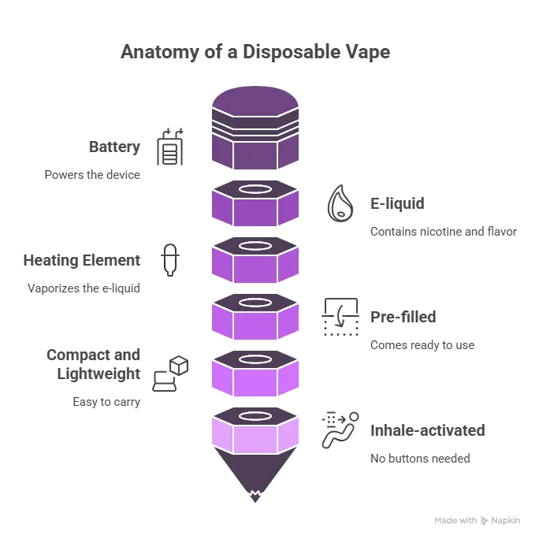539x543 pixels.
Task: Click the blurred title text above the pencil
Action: coord(255,54)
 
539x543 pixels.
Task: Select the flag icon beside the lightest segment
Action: coord(340,431)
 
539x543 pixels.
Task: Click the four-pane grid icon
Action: coord(340,318)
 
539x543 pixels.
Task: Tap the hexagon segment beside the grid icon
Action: coord(255,317)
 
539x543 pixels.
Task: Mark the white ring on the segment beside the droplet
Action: coord(255,190)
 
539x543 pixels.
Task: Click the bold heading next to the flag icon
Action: coord(424,432)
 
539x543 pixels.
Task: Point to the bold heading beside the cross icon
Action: coord(82,260)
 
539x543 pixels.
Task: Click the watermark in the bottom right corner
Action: coord(479,521)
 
